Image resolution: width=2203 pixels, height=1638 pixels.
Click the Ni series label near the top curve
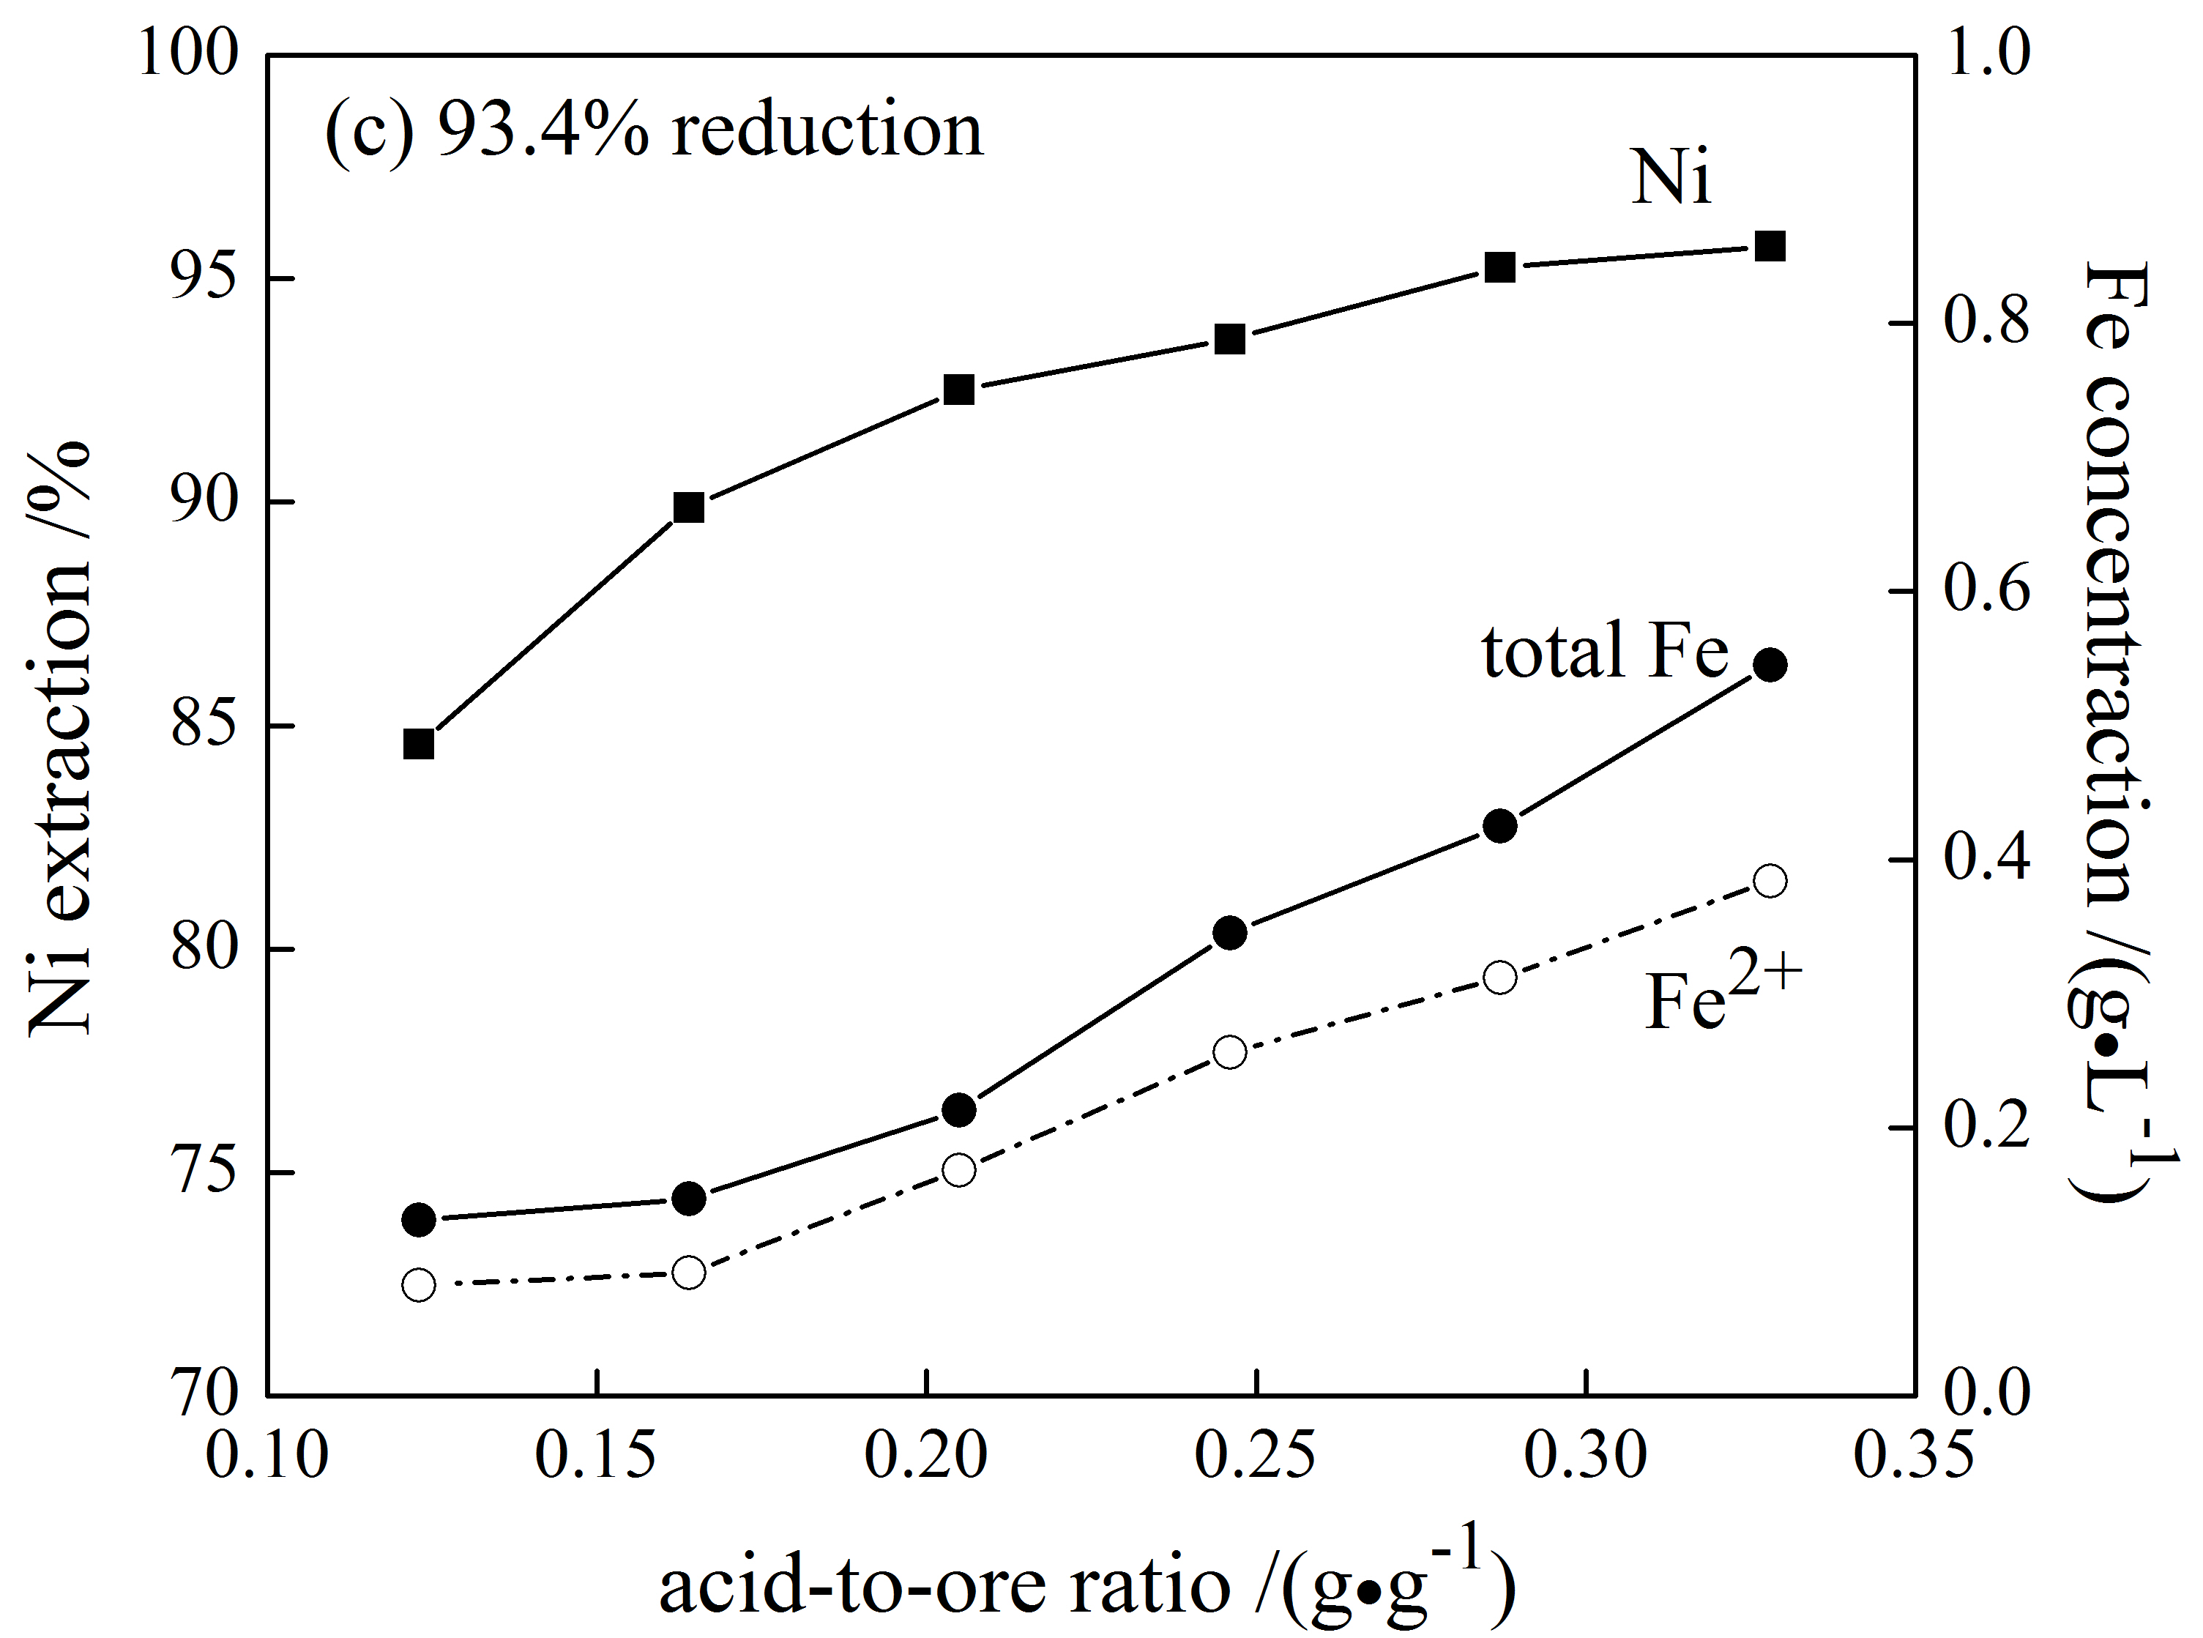(1671, 179)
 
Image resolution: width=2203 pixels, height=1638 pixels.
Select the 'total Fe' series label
(1605, 652)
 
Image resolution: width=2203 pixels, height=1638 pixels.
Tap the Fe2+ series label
(1722, 997)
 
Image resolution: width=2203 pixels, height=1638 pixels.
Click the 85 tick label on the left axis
(205, 726)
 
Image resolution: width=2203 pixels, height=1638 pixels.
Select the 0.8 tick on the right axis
(1986, 323)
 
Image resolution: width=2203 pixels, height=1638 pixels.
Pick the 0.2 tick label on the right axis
(1986, 1128)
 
